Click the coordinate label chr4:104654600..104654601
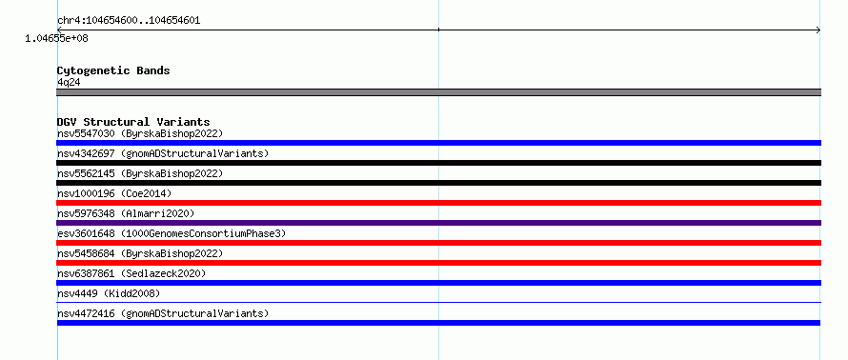click(129, 21)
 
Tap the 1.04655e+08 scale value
click(56, 39)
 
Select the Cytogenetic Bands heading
click(113, 70)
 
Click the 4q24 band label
click(69, 83)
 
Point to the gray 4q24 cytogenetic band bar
click(438, 92)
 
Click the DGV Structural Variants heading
click(133, 122)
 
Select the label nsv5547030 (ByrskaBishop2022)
click(140, 133)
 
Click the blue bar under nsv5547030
click(438, 143)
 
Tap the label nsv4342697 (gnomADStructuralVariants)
click(163, 153)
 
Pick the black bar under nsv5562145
click(438, 183)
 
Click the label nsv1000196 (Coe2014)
click(114, 193)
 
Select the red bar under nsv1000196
click(438, 203)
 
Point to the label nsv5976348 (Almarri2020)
click(126, 213)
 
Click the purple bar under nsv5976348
click(438, 223)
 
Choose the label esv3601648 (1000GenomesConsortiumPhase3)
click(172, 233)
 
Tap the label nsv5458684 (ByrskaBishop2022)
click(140, 253)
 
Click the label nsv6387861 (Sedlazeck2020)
click(131, 273)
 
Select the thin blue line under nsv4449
click(438, 303)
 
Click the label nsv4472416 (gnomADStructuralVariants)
click(163, 313)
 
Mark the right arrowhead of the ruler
click(818, 30)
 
